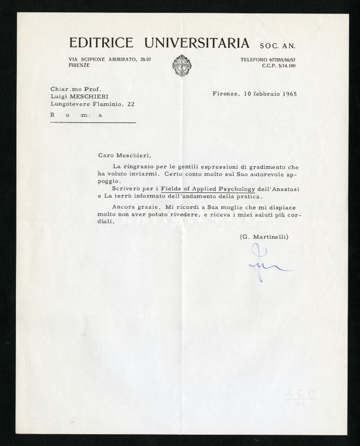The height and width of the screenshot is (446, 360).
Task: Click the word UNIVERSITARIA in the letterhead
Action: [x=196, y=43]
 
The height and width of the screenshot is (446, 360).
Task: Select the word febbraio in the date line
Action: [x=260, y=94]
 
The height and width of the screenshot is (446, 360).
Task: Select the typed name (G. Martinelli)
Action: [x=264, y=236]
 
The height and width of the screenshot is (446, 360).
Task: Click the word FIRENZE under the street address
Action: [x=79, y=66]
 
